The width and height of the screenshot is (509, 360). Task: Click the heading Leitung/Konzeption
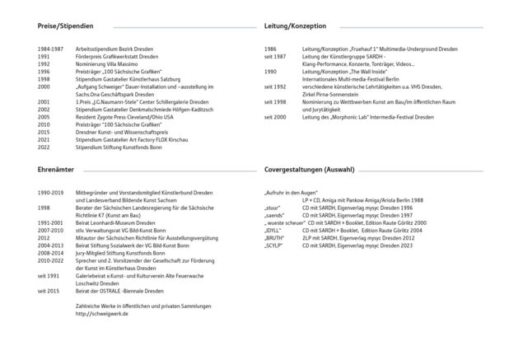click(293, 26)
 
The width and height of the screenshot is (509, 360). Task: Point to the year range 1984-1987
click(50, 49)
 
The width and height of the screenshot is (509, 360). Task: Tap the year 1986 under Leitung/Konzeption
click(270, 49)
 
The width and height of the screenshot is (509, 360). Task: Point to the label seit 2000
click(275, 117)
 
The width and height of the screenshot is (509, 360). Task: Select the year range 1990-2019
click(50, 192)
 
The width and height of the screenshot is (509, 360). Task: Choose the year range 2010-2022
click(50, 259)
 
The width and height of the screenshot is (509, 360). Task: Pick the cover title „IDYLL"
click(274, 230)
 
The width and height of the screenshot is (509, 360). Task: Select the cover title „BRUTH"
click(275, 237)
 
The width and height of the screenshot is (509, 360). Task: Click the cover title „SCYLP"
click(274, 245)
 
